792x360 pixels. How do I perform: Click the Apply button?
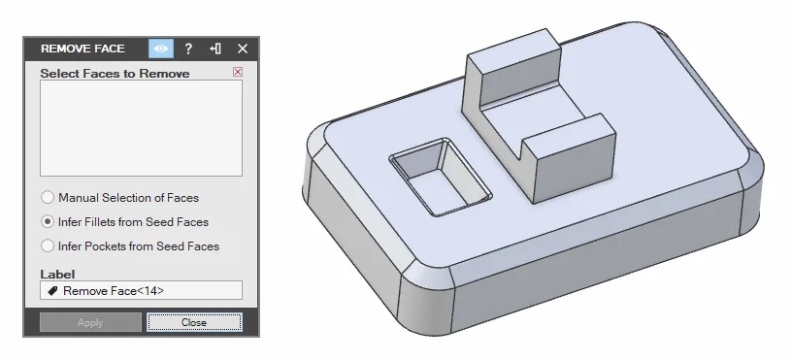(90, 322)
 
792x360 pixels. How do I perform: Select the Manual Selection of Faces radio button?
(48, 197)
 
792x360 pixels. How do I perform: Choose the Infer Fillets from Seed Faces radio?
(48, 221)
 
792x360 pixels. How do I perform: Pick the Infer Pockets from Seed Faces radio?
(48, 245)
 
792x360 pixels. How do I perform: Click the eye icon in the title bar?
(161, 49)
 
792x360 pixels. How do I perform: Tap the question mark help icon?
(188, 49)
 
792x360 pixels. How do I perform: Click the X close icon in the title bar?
(243, 49)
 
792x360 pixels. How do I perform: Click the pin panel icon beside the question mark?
(215, 49)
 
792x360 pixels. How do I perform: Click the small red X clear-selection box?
(238, 72)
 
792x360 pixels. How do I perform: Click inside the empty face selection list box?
(141, 128)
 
